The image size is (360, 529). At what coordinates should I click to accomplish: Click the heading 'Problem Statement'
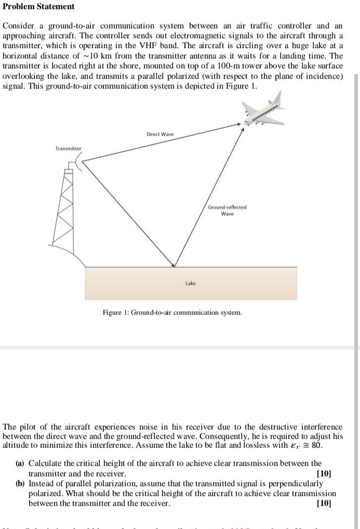pyautogui.click(x=39, y=7)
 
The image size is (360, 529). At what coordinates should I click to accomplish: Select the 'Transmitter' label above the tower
pyautogui.click(x=69, y=149)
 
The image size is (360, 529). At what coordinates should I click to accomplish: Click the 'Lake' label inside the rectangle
pyautogui.click(x=191, y=283)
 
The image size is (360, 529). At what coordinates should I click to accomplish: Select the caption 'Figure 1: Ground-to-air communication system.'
pyautogui.click(x=172, y=312)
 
